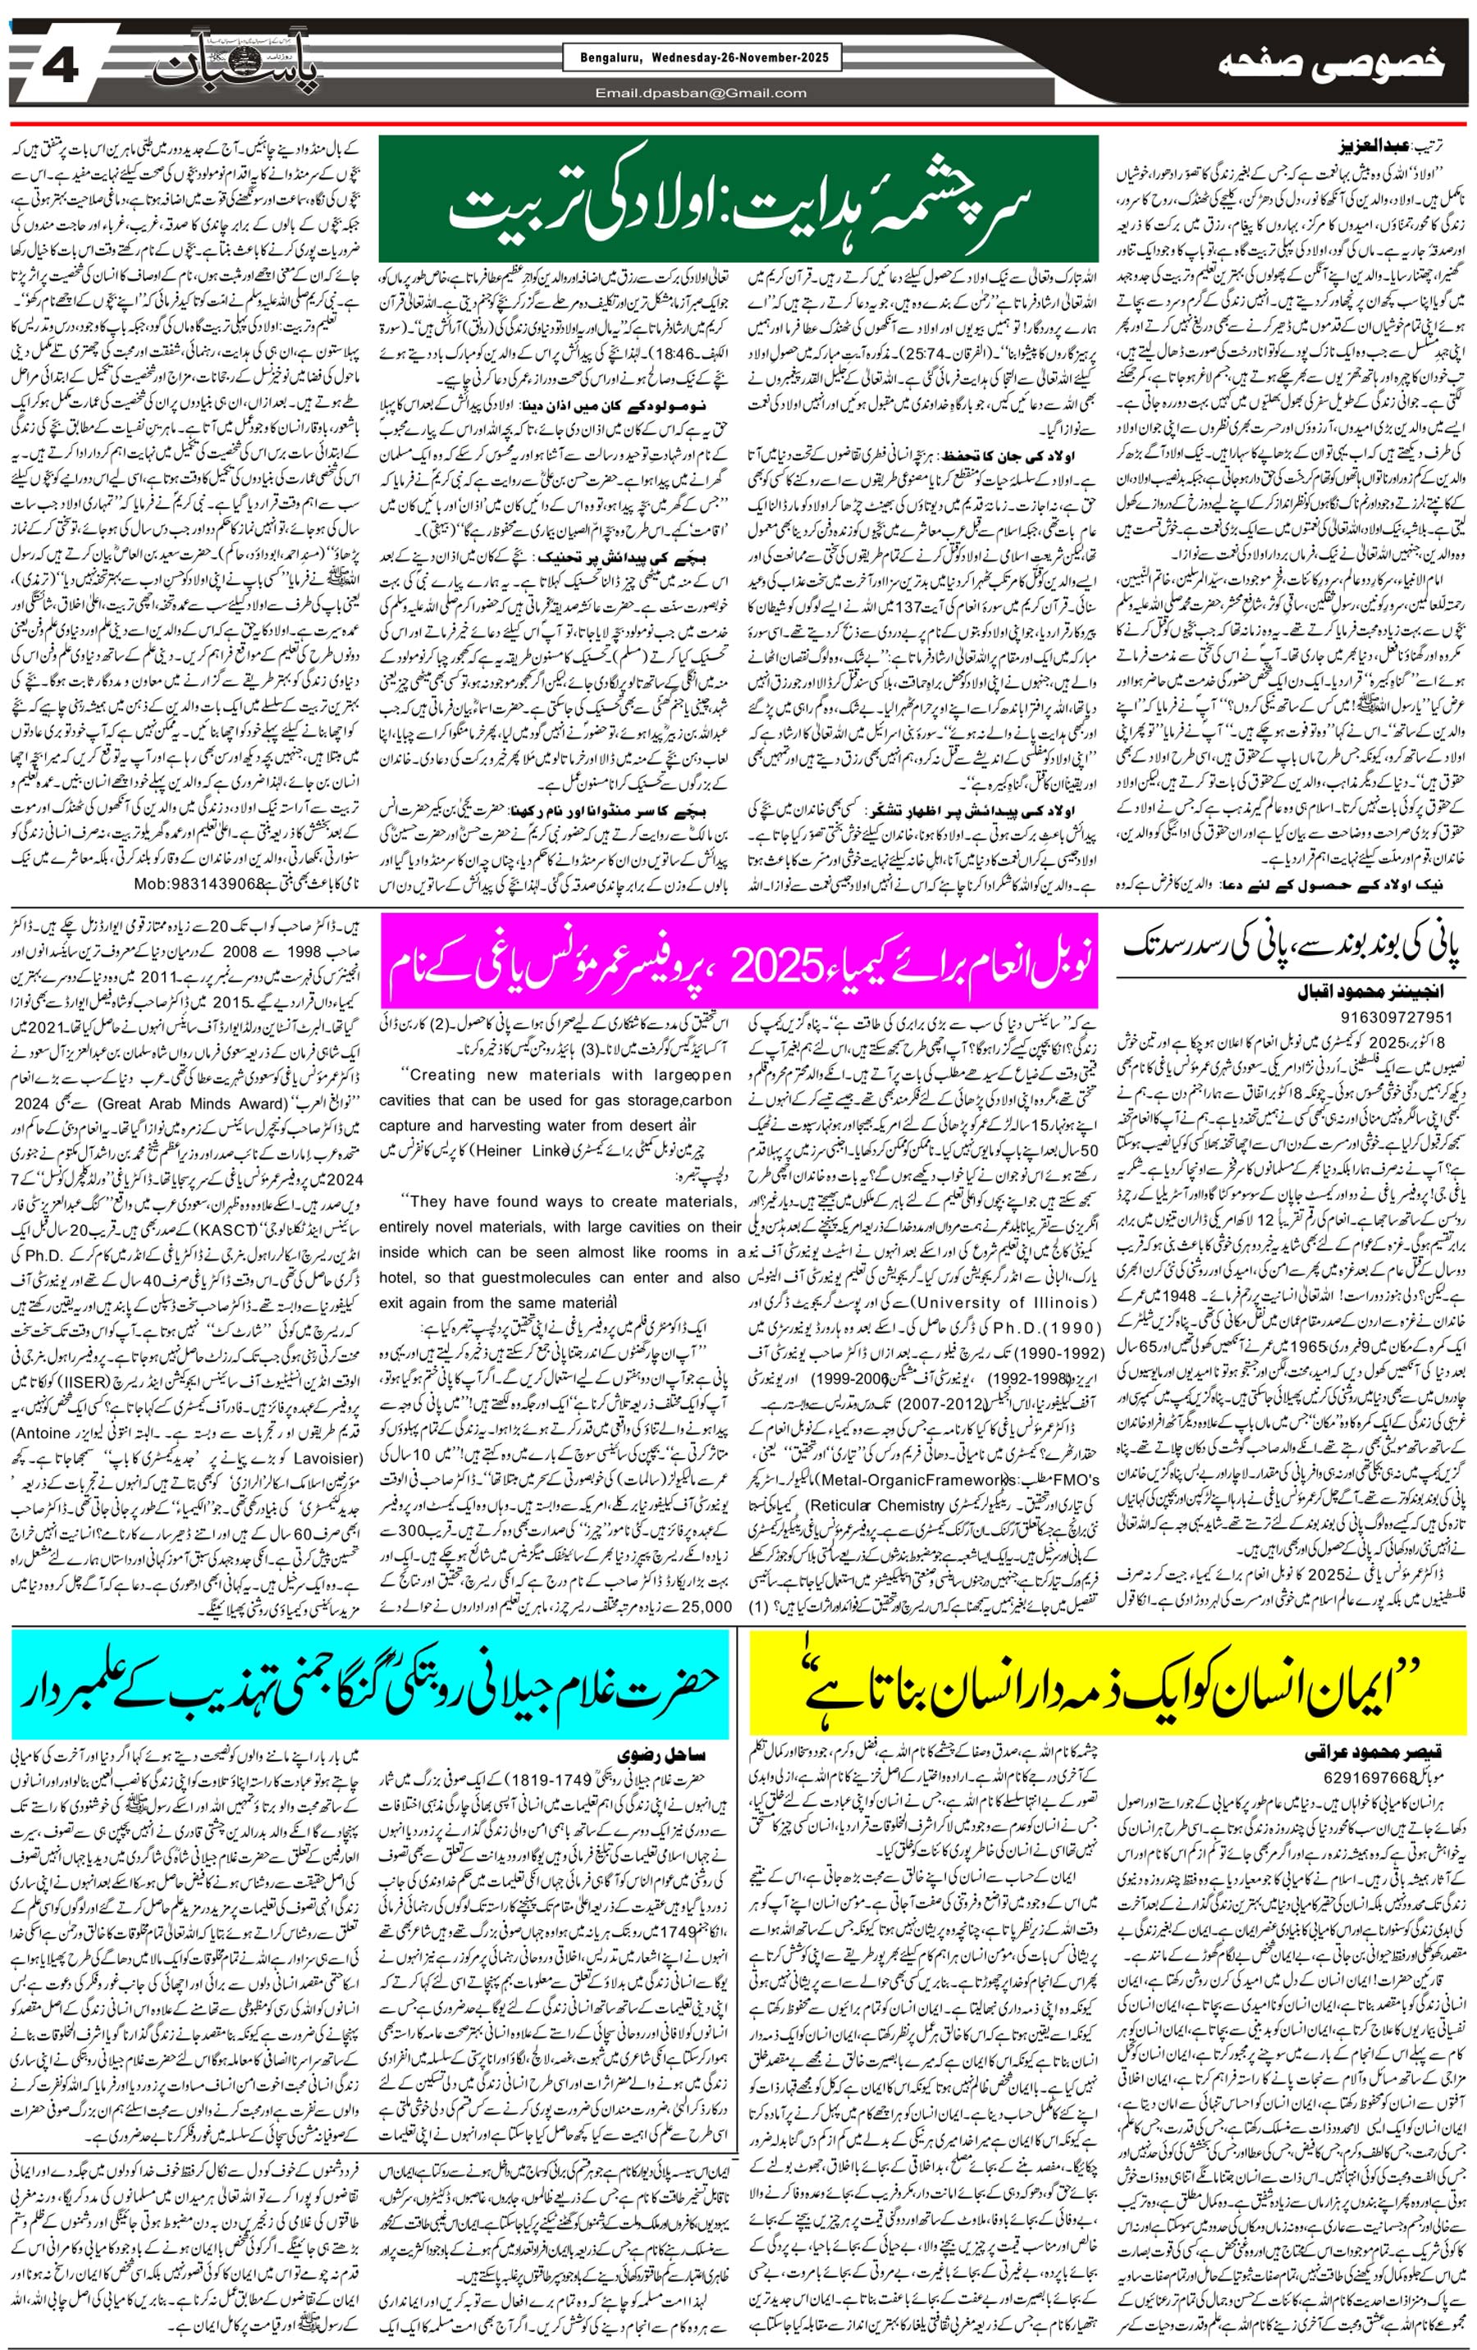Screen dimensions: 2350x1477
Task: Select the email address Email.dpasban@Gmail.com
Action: (x=702, y=94)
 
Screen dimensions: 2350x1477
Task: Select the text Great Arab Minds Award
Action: (x=205, y=1104)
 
